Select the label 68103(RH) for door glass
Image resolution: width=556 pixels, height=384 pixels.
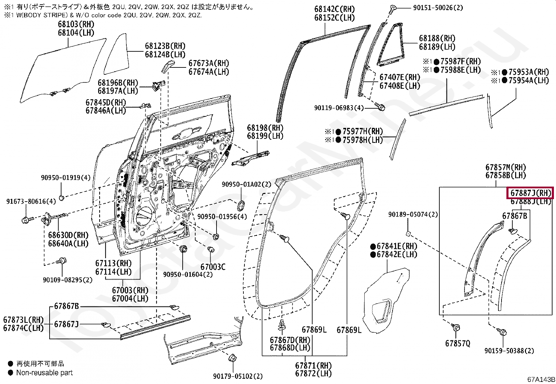(76, 24)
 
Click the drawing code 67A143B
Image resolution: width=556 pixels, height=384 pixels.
(541, 379)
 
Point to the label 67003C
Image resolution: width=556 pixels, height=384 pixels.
(213, 267)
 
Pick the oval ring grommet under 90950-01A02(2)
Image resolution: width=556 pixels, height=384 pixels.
(241, 205)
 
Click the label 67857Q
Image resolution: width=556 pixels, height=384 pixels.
(458, 343)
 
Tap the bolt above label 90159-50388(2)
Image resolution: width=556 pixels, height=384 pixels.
(503, 332)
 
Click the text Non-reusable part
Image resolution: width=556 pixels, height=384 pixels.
(44, 373)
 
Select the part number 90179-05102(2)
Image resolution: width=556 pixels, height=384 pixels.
(238, 376)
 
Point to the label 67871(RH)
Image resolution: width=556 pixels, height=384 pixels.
(313, 366)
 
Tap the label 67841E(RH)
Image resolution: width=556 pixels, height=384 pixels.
(397, 246)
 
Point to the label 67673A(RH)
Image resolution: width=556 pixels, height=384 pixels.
(208, 63)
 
